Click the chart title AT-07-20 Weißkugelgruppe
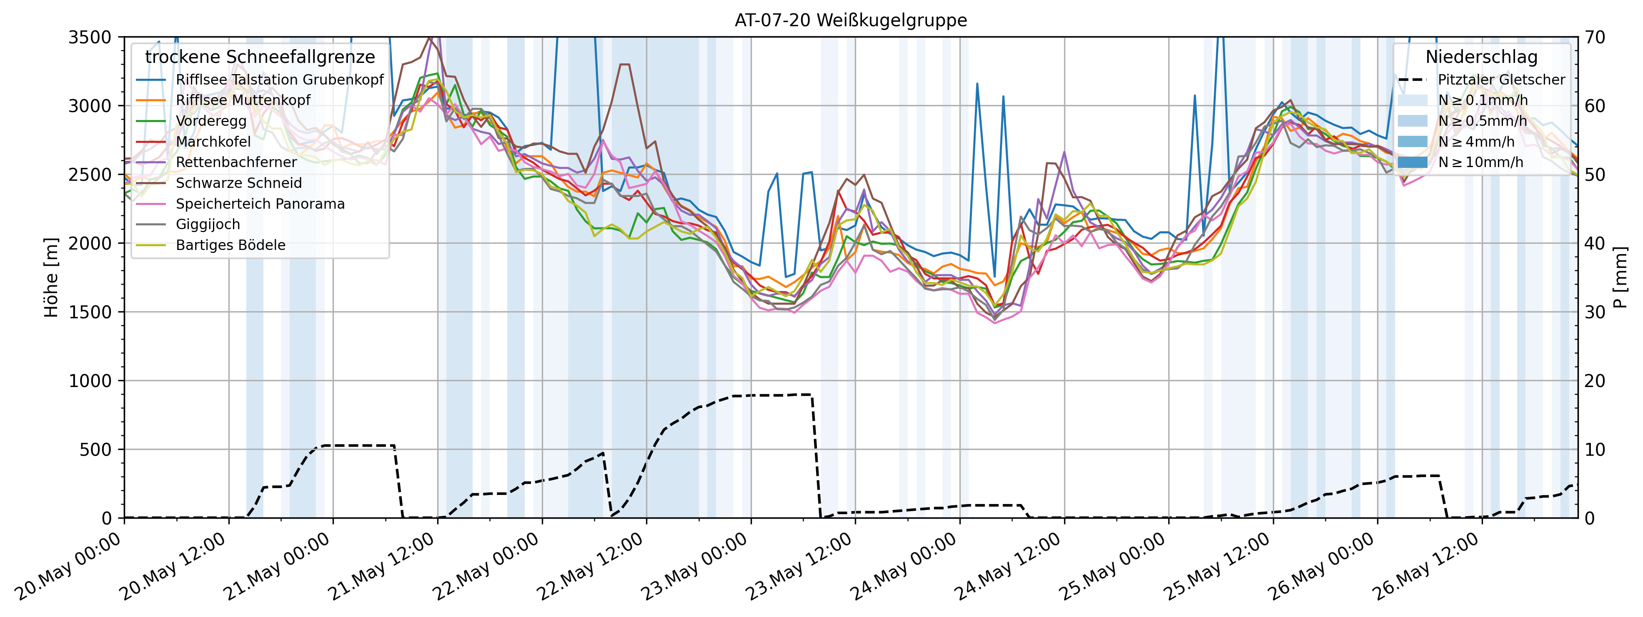pos(850,20)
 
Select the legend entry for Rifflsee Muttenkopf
pos(243,100)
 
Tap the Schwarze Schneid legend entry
pos(238,183)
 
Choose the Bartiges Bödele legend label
pos(230,245)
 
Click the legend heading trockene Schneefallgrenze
pos(260,57)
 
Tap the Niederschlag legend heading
pos(1481,57)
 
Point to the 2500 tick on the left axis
pos(89,175)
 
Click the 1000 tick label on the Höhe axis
pos(89,381)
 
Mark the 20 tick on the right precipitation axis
pos(1595,381)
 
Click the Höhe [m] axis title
pos(51,277)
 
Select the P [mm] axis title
pos(1620,277)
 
